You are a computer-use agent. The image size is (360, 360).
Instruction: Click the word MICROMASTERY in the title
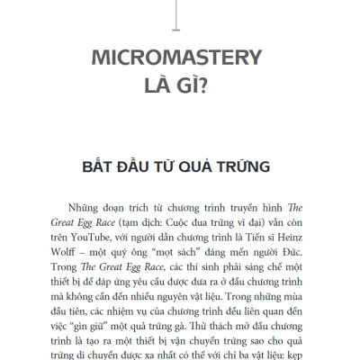tap(177, 60)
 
